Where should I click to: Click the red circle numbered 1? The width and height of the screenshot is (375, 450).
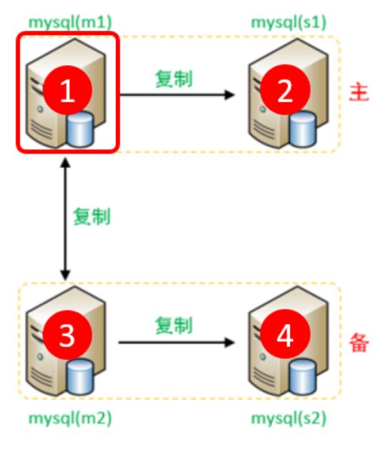tap(67, 90)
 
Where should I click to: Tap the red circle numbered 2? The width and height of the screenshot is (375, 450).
tap(285, 90)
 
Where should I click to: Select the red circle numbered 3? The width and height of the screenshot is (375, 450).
tap(67, 335)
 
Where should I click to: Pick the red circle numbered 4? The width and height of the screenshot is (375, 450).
tap(285, 335)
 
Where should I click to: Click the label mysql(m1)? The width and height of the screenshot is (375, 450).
tap(70, 23)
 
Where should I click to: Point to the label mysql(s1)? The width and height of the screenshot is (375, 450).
tap(288, 23)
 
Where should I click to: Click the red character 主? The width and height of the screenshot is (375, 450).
tap(359, 92)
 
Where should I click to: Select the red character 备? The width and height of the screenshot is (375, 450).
tap(359, 343)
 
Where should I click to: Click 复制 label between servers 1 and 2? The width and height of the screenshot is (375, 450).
tap(174, 79)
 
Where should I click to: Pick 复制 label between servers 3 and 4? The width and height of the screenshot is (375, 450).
tap(174, 326)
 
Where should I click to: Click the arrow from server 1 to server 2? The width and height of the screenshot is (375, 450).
tap(177, 94)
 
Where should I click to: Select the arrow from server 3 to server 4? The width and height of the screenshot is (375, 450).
tap(177, 342)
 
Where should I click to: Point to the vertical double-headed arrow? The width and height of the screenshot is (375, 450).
tap(66, 219)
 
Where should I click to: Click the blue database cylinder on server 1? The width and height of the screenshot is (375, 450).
tap(80, 129)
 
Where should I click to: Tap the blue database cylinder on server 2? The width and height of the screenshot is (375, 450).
tap(303, 129)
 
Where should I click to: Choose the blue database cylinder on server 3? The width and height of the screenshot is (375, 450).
tap(80, 376)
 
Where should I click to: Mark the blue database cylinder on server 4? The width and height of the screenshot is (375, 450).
tap(303, 376)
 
